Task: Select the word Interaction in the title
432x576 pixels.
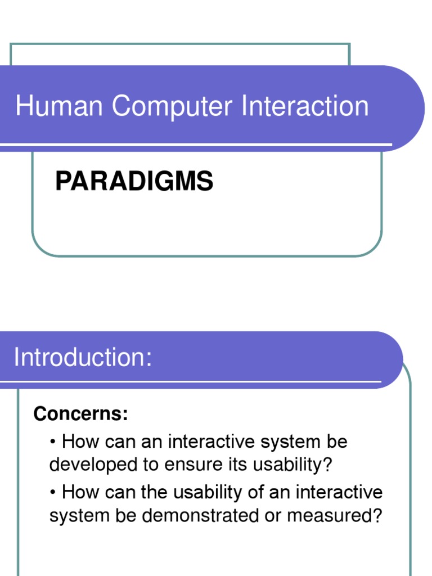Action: pyautogui.click(x=305, y=106)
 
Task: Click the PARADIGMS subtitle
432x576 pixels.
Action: pyautogui.click(x=134, y=182)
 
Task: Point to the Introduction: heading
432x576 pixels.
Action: pyautogui.click(x=83, y=358)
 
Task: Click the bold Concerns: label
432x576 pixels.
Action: pyautogui.click(x=81, y=414)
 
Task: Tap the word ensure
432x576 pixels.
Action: pyautogui.click(x=192, y=465)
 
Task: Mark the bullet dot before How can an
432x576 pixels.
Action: pyautogui.click(x=54, y=442)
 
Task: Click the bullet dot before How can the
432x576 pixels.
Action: pyautogui.click(x=54, y=493)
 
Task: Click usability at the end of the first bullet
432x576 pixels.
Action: pyautogui.click(x=291, y=465)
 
